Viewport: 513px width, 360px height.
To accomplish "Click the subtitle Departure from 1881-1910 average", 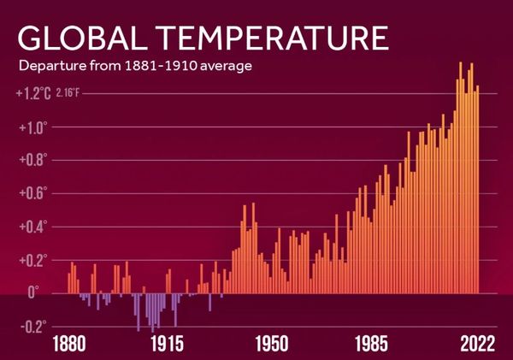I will (x=134, y=66).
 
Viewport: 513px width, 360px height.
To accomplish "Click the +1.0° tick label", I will (x=33, y=127).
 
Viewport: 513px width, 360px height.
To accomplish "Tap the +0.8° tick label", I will (x=33, y=160).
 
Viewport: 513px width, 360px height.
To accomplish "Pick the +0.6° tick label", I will (x=33, y=193).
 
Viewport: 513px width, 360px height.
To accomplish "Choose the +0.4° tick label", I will (x=33, y=227).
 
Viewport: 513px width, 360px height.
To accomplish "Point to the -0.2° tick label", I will (x=33, y=327).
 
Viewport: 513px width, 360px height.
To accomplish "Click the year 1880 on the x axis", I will (x=70, y=344).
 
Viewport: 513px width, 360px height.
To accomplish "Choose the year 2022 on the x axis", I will (x=475, y=344).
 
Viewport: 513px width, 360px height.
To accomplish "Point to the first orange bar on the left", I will (x=69, y=283).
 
